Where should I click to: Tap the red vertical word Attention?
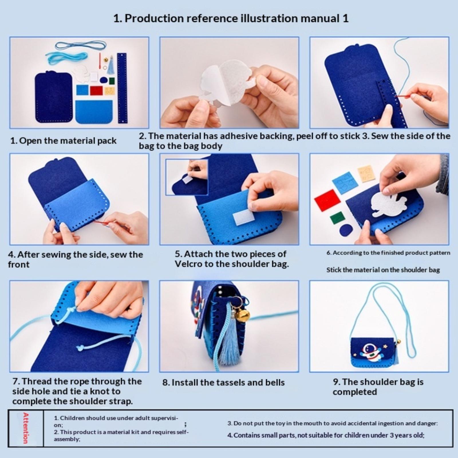tap(25, 428)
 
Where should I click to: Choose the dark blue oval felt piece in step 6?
tap(346, 230)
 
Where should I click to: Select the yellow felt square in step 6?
tap(366, 173)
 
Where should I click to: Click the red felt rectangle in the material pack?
tap(96, 90)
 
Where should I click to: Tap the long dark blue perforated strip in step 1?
tap(122, 88)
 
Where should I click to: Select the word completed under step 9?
tap(355, 392)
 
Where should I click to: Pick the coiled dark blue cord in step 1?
tap(81, 45)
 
